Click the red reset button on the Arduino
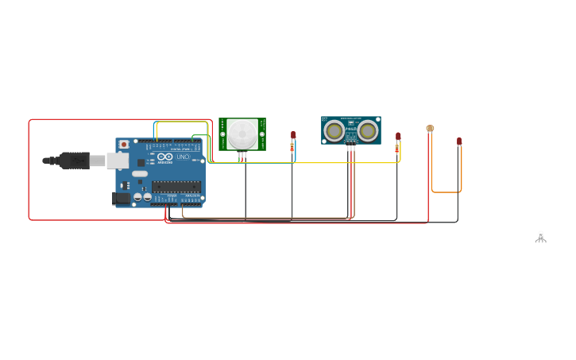coord(123,144)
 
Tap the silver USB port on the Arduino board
coord(117,161)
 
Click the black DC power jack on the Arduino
coord(122,198)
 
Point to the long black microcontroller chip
coord(176,187)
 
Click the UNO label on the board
coord(182,157)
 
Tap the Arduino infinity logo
coord(165,157)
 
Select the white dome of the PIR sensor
coord(242,133)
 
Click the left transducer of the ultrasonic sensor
coord(334,130)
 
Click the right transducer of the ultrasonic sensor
coord(367,130)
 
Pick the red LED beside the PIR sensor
coord(293,135)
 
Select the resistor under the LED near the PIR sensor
coord(292,147)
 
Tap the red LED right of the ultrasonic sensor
coord(398,136)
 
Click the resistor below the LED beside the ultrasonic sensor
coord(397,148)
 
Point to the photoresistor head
coord(430,128)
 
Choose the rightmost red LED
coord(459,141)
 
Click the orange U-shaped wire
coord(446,192)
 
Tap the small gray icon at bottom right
coord(540,237)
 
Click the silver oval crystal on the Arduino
coord(140,173)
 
